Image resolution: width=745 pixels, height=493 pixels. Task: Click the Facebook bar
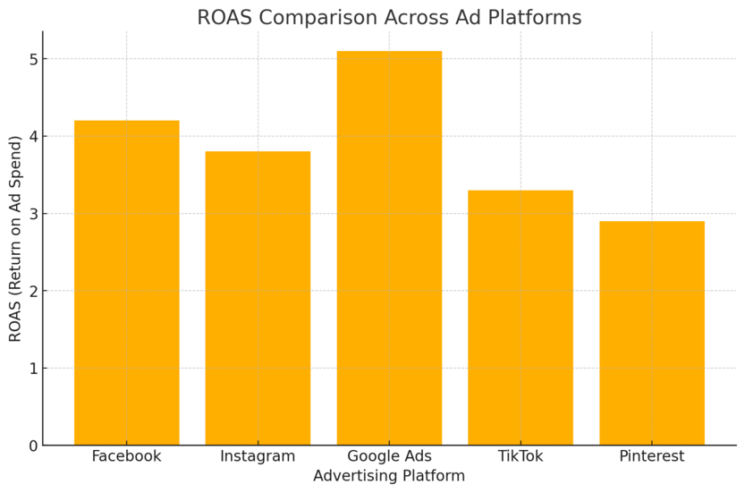[x=126, y=283]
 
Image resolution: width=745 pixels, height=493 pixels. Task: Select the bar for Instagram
[x=258, y=298]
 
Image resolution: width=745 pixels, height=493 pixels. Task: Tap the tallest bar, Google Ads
[x=389, y=248]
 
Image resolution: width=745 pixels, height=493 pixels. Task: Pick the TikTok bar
[x=521, y=318]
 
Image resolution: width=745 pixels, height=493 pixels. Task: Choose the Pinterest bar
[x=652, y=333]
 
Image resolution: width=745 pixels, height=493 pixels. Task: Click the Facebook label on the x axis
[x=126, y=456]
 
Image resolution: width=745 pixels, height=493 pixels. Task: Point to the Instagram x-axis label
[x=258, y=456]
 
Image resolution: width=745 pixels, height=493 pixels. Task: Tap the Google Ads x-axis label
[x=389, y=456]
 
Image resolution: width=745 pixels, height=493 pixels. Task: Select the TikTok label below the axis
[x=521, y=456]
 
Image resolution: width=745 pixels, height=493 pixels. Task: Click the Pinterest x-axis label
[x=652, y=456]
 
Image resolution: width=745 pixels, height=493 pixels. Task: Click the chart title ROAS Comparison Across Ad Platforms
[x=389, y=18]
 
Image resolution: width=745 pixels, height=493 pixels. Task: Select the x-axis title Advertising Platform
[x=389, y=476]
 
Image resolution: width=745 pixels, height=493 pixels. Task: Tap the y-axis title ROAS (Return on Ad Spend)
[x=15, y=238]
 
